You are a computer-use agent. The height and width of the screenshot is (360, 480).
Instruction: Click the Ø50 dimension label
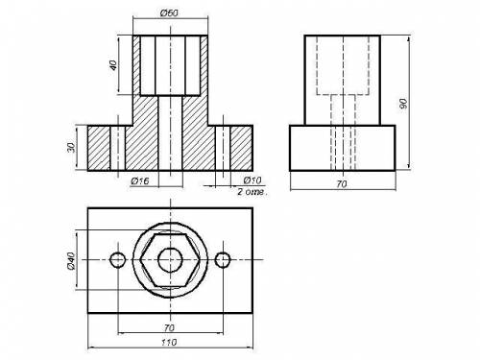tap(169, 13)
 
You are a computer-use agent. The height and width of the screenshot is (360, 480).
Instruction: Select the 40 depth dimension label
tap(113, 65)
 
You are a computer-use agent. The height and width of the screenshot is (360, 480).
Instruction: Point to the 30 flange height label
tap(72, 147)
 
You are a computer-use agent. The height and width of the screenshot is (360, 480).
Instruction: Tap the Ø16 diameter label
tap(140, 181)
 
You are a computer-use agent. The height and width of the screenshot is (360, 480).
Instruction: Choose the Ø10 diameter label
tap(252, 180)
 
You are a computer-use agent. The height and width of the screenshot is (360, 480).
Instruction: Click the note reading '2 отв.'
tap(252, 192)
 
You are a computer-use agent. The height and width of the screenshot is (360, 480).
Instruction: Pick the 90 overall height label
tap(403, 104)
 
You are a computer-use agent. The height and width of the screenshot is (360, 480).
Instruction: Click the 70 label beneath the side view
tap(342, 184)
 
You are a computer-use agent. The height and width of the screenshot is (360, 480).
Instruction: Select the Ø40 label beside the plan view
tap(71, 261)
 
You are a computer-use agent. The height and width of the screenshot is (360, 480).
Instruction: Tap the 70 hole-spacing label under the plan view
tap(169, 328)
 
